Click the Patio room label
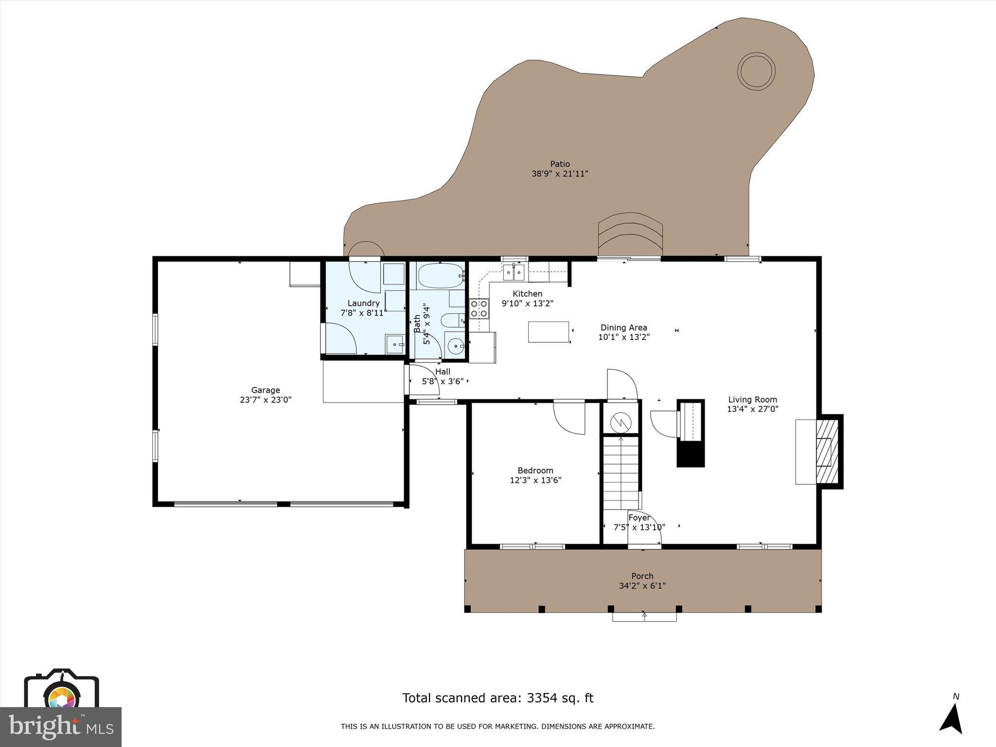560,164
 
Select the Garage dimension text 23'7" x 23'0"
266,400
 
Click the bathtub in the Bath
439,276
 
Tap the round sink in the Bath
456,346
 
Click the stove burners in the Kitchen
479,308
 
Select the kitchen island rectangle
549,332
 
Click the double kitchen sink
514,273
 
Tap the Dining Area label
623,328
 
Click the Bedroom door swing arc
570,417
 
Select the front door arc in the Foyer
644,529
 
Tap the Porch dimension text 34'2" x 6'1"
642,586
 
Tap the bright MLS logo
61,727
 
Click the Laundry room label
363,303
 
